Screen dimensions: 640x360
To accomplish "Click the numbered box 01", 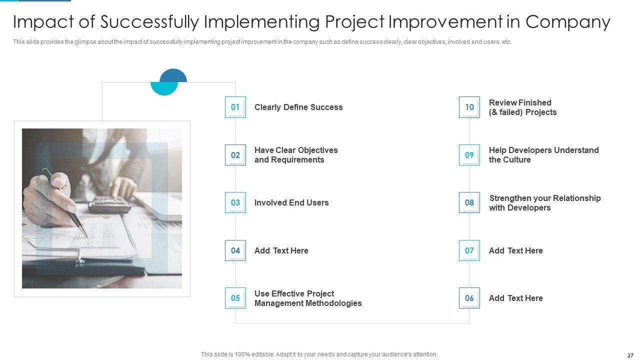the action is pyautogui.click(x=235, y=107).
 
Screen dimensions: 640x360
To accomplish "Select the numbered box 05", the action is pyautogui.click(x=235, y=298).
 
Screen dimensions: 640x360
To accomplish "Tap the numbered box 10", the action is pyautogui.click(x=469, y=107).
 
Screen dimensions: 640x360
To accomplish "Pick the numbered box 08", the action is pyautogui.click(x=469, y=202).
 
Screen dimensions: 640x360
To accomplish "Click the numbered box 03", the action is pyautogui.click(x=235, y=202).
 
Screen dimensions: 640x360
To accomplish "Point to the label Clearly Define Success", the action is pyautogui.click(x=298, y=107).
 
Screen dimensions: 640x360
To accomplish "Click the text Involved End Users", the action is pyautogui.click(x=291, y=202).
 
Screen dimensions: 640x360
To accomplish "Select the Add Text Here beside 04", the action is pyautogui.click(x=281, y=250).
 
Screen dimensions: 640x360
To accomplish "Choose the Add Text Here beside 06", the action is pyautogui.click(x=515, y=298).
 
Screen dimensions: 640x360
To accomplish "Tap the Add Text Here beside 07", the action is pyautogui.click(x=515, y=250).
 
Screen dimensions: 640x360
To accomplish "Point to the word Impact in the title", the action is pyautogui.click(x=43, y=22).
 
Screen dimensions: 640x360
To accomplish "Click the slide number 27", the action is pyautogui.click(x=630, y=355).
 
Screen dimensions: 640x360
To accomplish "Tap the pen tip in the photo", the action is pyautogui.click(x=87, y=236).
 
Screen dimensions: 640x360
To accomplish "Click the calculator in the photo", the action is pyautogui.click(x=110, y=204).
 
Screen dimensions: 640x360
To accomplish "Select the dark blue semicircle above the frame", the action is pyautogui.click(x=173, y=75).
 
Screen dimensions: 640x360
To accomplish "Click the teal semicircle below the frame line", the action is pyautogui.click(x=164, y=88).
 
